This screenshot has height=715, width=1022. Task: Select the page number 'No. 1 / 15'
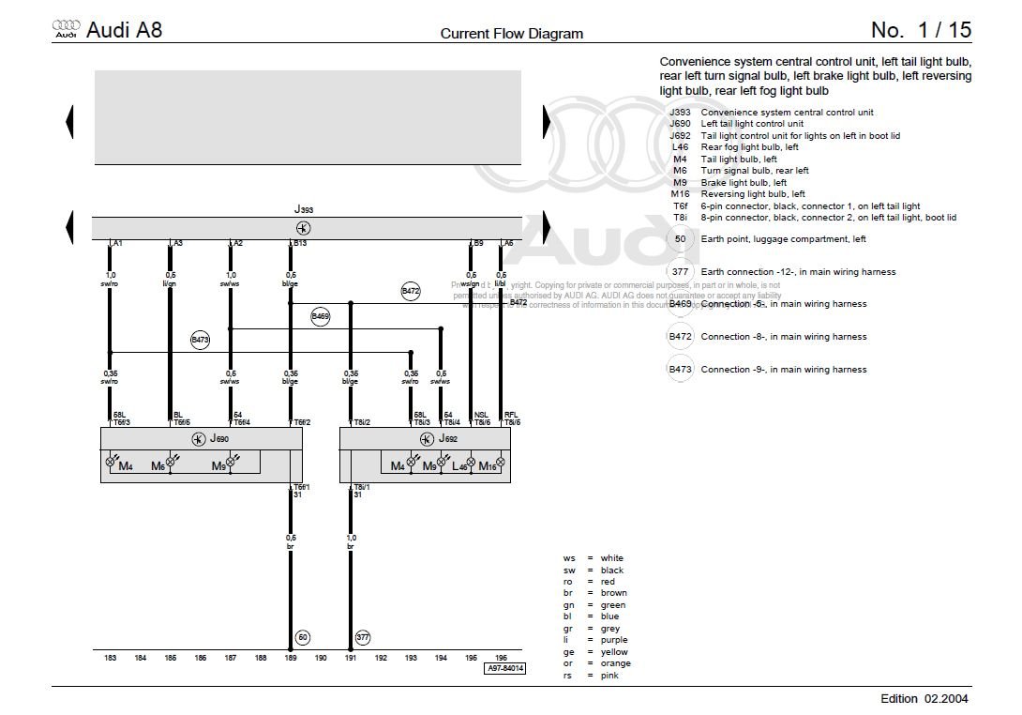[x=921, y=30]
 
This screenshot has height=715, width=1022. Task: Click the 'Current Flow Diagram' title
[x=511, y=34]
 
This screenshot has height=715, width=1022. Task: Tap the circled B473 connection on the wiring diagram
[x=200, y=340]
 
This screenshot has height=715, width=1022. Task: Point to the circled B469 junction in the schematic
[x=321, y=317]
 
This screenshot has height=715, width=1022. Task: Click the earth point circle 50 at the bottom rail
[x=303, y=637]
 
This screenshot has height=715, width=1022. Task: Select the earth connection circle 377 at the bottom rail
[x=363, y=637]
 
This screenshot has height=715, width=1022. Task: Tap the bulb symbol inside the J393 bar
[x=303, y=228]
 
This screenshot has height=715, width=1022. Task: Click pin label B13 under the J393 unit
[x=301, y=243]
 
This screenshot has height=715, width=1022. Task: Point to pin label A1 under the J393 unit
[x=118, y=243]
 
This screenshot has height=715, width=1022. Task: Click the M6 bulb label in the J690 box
[x=158, y=465]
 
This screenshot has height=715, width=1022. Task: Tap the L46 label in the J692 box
[x=458, y=465]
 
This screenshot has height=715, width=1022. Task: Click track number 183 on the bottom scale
[x=111, y=658]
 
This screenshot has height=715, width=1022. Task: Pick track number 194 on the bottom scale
[x=441, y=658]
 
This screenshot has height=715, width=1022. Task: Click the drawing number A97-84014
[x=504, y=668]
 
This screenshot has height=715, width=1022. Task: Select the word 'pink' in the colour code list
[x=610, y=675]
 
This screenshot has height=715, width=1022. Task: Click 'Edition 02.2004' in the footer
[x=924, y=698]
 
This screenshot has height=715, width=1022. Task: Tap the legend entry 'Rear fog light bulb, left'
[x=749, y=147]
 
